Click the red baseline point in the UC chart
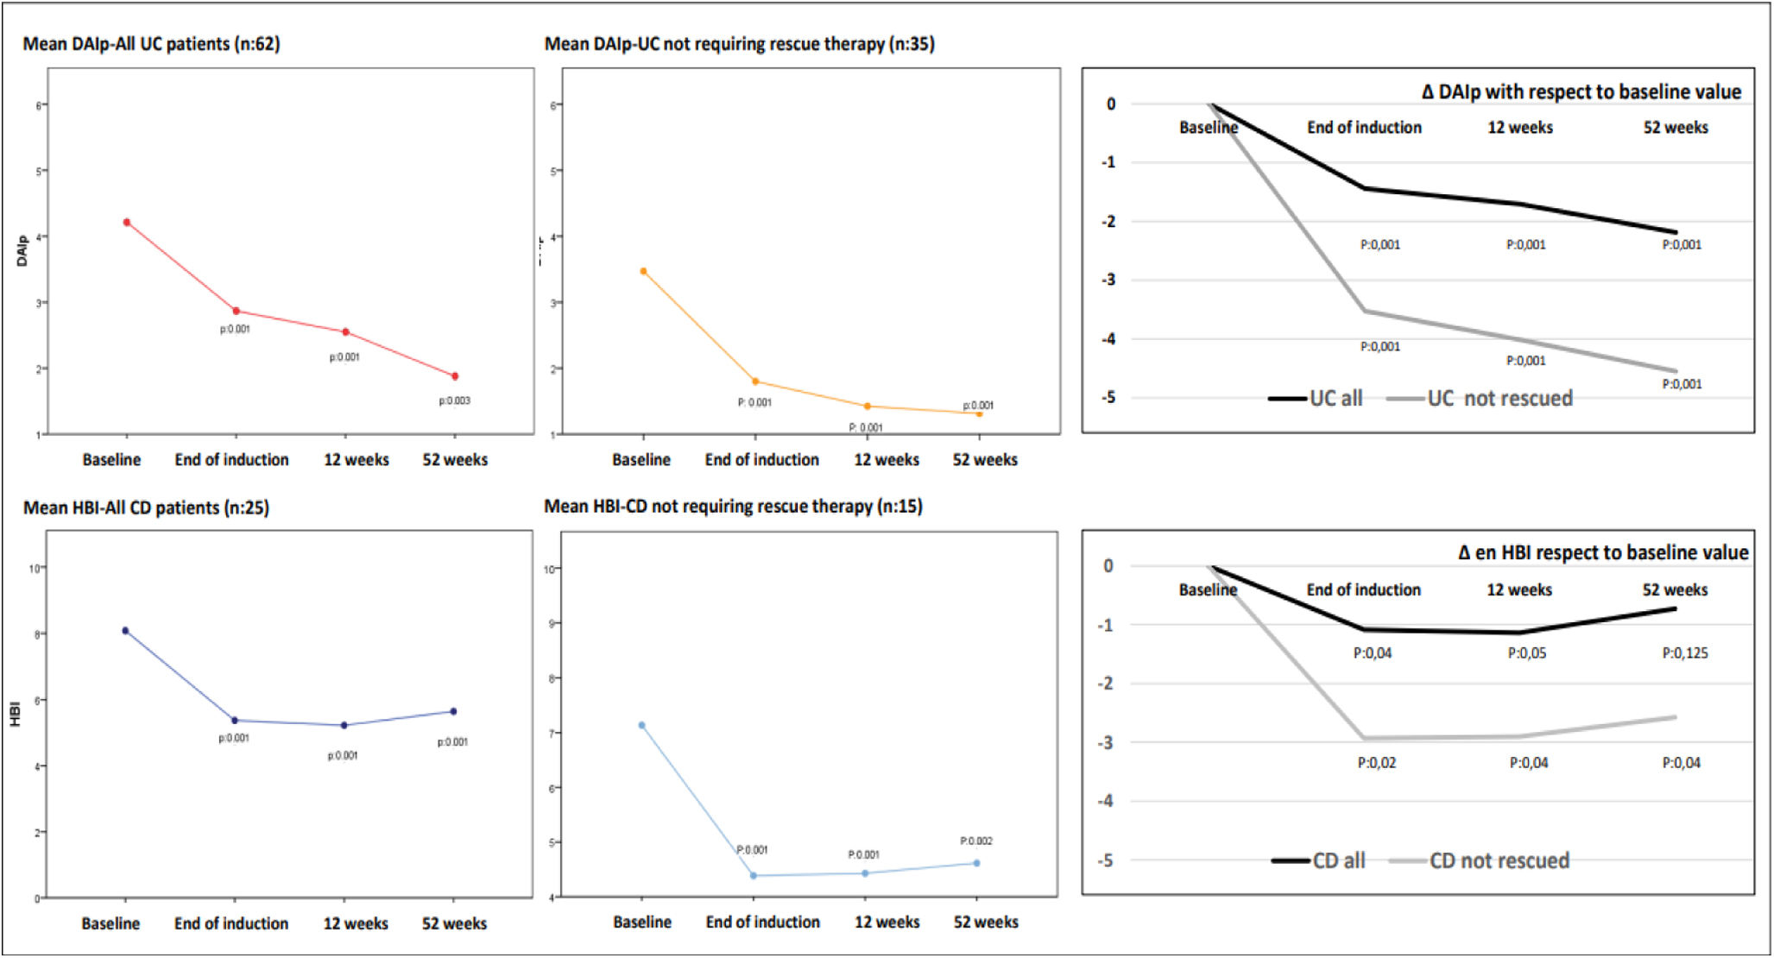pos(127,223)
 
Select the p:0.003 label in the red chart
pos(454,400)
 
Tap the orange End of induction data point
pos(755,381)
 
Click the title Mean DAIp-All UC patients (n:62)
pos(151,44)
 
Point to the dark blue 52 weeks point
pos(453,712)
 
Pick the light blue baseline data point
pos(641,726)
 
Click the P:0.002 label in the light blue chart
pos(975,841)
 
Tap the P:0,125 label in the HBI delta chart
pos(1684,653)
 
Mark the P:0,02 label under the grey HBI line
pos(1376,763)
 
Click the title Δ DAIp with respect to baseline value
pos(1581,92)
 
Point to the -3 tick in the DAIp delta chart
pos(1109,280)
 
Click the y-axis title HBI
pos(15,715)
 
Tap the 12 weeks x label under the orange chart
pos(886,460)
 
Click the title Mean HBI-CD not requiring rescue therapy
pos(732,507)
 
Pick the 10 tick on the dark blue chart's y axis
pos(34,568)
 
